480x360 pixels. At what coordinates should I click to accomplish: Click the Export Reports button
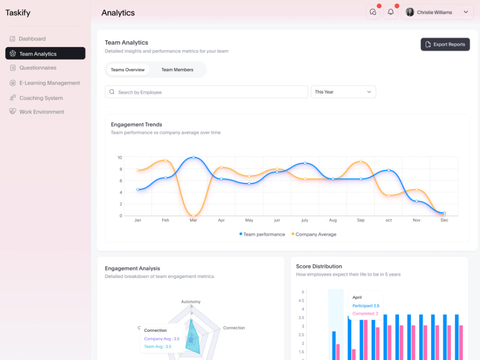(x=445, y=44)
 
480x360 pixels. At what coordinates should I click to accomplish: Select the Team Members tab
(x=177, y=70)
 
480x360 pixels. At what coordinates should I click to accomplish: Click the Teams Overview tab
(x=128, y=70)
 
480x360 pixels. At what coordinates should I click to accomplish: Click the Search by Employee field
(x=206, y=92)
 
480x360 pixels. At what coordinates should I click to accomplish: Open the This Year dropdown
(x=343, y=92)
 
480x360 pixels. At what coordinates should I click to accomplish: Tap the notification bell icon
(x=391, y=12)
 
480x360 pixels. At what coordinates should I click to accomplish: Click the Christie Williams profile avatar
(x=409, y=12)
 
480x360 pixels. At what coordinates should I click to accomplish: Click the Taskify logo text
(x=18, y=13)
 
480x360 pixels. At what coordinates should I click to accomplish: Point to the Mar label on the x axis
(x=193, y=220)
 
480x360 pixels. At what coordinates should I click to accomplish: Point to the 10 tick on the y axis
(x=120, y=157)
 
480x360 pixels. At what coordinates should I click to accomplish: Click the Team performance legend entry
(x=262, y=234)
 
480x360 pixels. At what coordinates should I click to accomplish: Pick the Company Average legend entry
(x=314, y=234)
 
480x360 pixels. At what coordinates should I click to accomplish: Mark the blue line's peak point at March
(x=193, y=157)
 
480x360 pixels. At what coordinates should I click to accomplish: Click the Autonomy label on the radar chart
(x=191, y=301)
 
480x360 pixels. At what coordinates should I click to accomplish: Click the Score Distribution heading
(x=319, y=266)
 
